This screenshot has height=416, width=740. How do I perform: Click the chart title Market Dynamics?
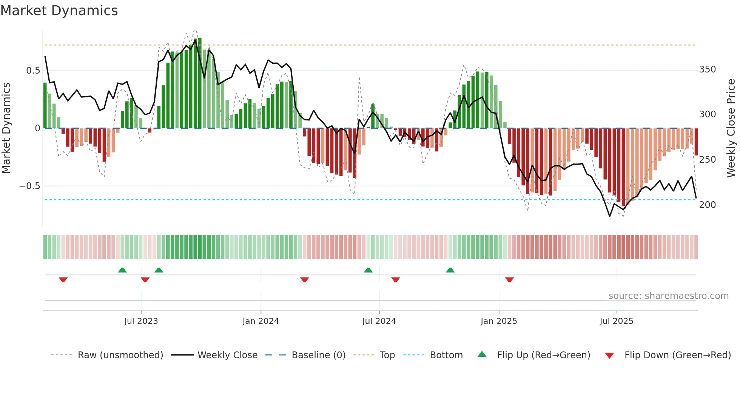(59, 11)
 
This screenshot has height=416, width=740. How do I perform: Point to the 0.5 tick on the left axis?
(33, 71)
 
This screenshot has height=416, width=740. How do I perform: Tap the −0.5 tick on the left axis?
(29, 186)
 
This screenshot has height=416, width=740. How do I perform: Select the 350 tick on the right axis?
(708, 69)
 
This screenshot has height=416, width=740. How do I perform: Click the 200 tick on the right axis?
(708, 205)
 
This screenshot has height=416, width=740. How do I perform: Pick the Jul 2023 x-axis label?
(141, 321)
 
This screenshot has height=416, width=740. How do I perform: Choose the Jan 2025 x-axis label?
(498, 321)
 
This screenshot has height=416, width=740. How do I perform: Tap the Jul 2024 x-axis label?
(379, 321)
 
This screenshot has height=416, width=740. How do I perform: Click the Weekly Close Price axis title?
(731, 128)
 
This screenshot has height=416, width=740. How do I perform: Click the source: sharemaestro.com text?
(668, 296)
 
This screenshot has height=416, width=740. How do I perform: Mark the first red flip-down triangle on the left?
(63, 280)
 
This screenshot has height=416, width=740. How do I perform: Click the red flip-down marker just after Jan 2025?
(509, 280)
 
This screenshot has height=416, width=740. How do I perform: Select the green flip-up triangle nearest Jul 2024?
(368, 270)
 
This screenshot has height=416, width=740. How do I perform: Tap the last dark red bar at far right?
(696, 142)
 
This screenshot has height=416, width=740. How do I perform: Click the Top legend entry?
(387, 355)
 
